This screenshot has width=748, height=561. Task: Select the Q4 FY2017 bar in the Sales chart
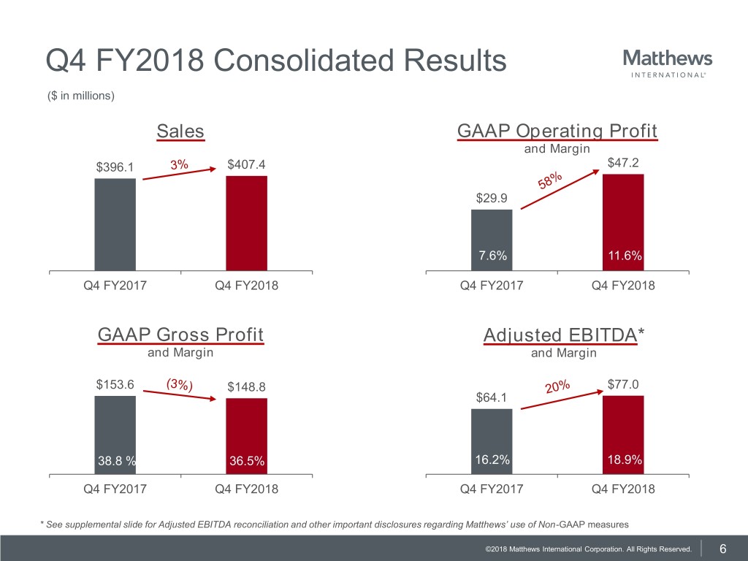click(115, 224)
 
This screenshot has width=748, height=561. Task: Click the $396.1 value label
click(115, 167)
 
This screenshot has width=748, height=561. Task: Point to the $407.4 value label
click(246, 164)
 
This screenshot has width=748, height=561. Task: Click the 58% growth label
click(552, 179)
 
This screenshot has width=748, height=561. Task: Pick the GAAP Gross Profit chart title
click(180, 335)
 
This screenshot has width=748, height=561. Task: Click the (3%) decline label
click(179, 384)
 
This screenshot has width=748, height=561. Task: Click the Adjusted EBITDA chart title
click(564, 335)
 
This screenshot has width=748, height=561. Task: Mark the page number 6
click(722, 549)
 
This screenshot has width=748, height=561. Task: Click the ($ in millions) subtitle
click(80, 96)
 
